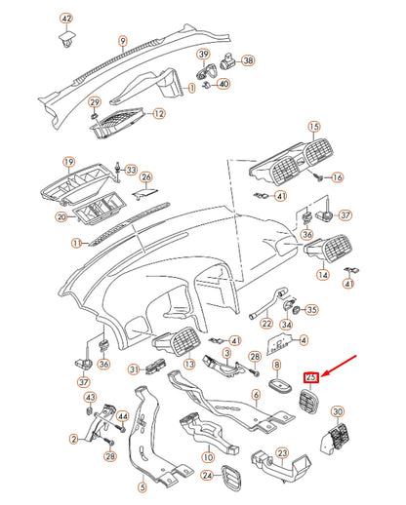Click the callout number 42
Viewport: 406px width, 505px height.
(x=66, y=19)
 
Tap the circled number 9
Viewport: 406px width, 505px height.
(x=123, y=41)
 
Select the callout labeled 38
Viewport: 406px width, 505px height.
(x=248, y=60)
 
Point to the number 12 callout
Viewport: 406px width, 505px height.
(x=159, y=113)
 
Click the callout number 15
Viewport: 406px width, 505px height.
(x=314, y=127)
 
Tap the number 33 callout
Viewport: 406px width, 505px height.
(x=132, y=170)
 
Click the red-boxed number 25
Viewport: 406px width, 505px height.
(x=311, y=376)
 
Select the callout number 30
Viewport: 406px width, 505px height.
(x=339, y=412)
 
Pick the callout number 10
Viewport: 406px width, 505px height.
(x=206, y=455)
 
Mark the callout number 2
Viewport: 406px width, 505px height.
(x=74, y=440)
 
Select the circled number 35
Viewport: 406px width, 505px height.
(x=311, y=311)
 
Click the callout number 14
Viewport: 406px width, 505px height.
(x=322, y=275)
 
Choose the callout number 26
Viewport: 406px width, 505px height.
(x=146, y=177)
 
